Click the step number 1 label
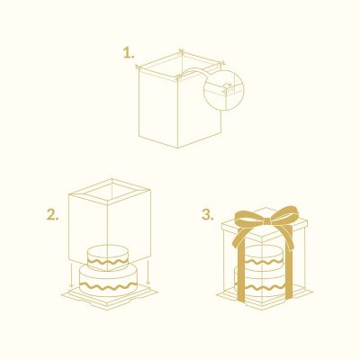(x=129, y=53)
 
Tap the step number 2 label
(x=52, y=215)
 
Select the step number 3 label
(x=208, y=215)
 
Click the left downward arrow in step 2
(x=72, y=274)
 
